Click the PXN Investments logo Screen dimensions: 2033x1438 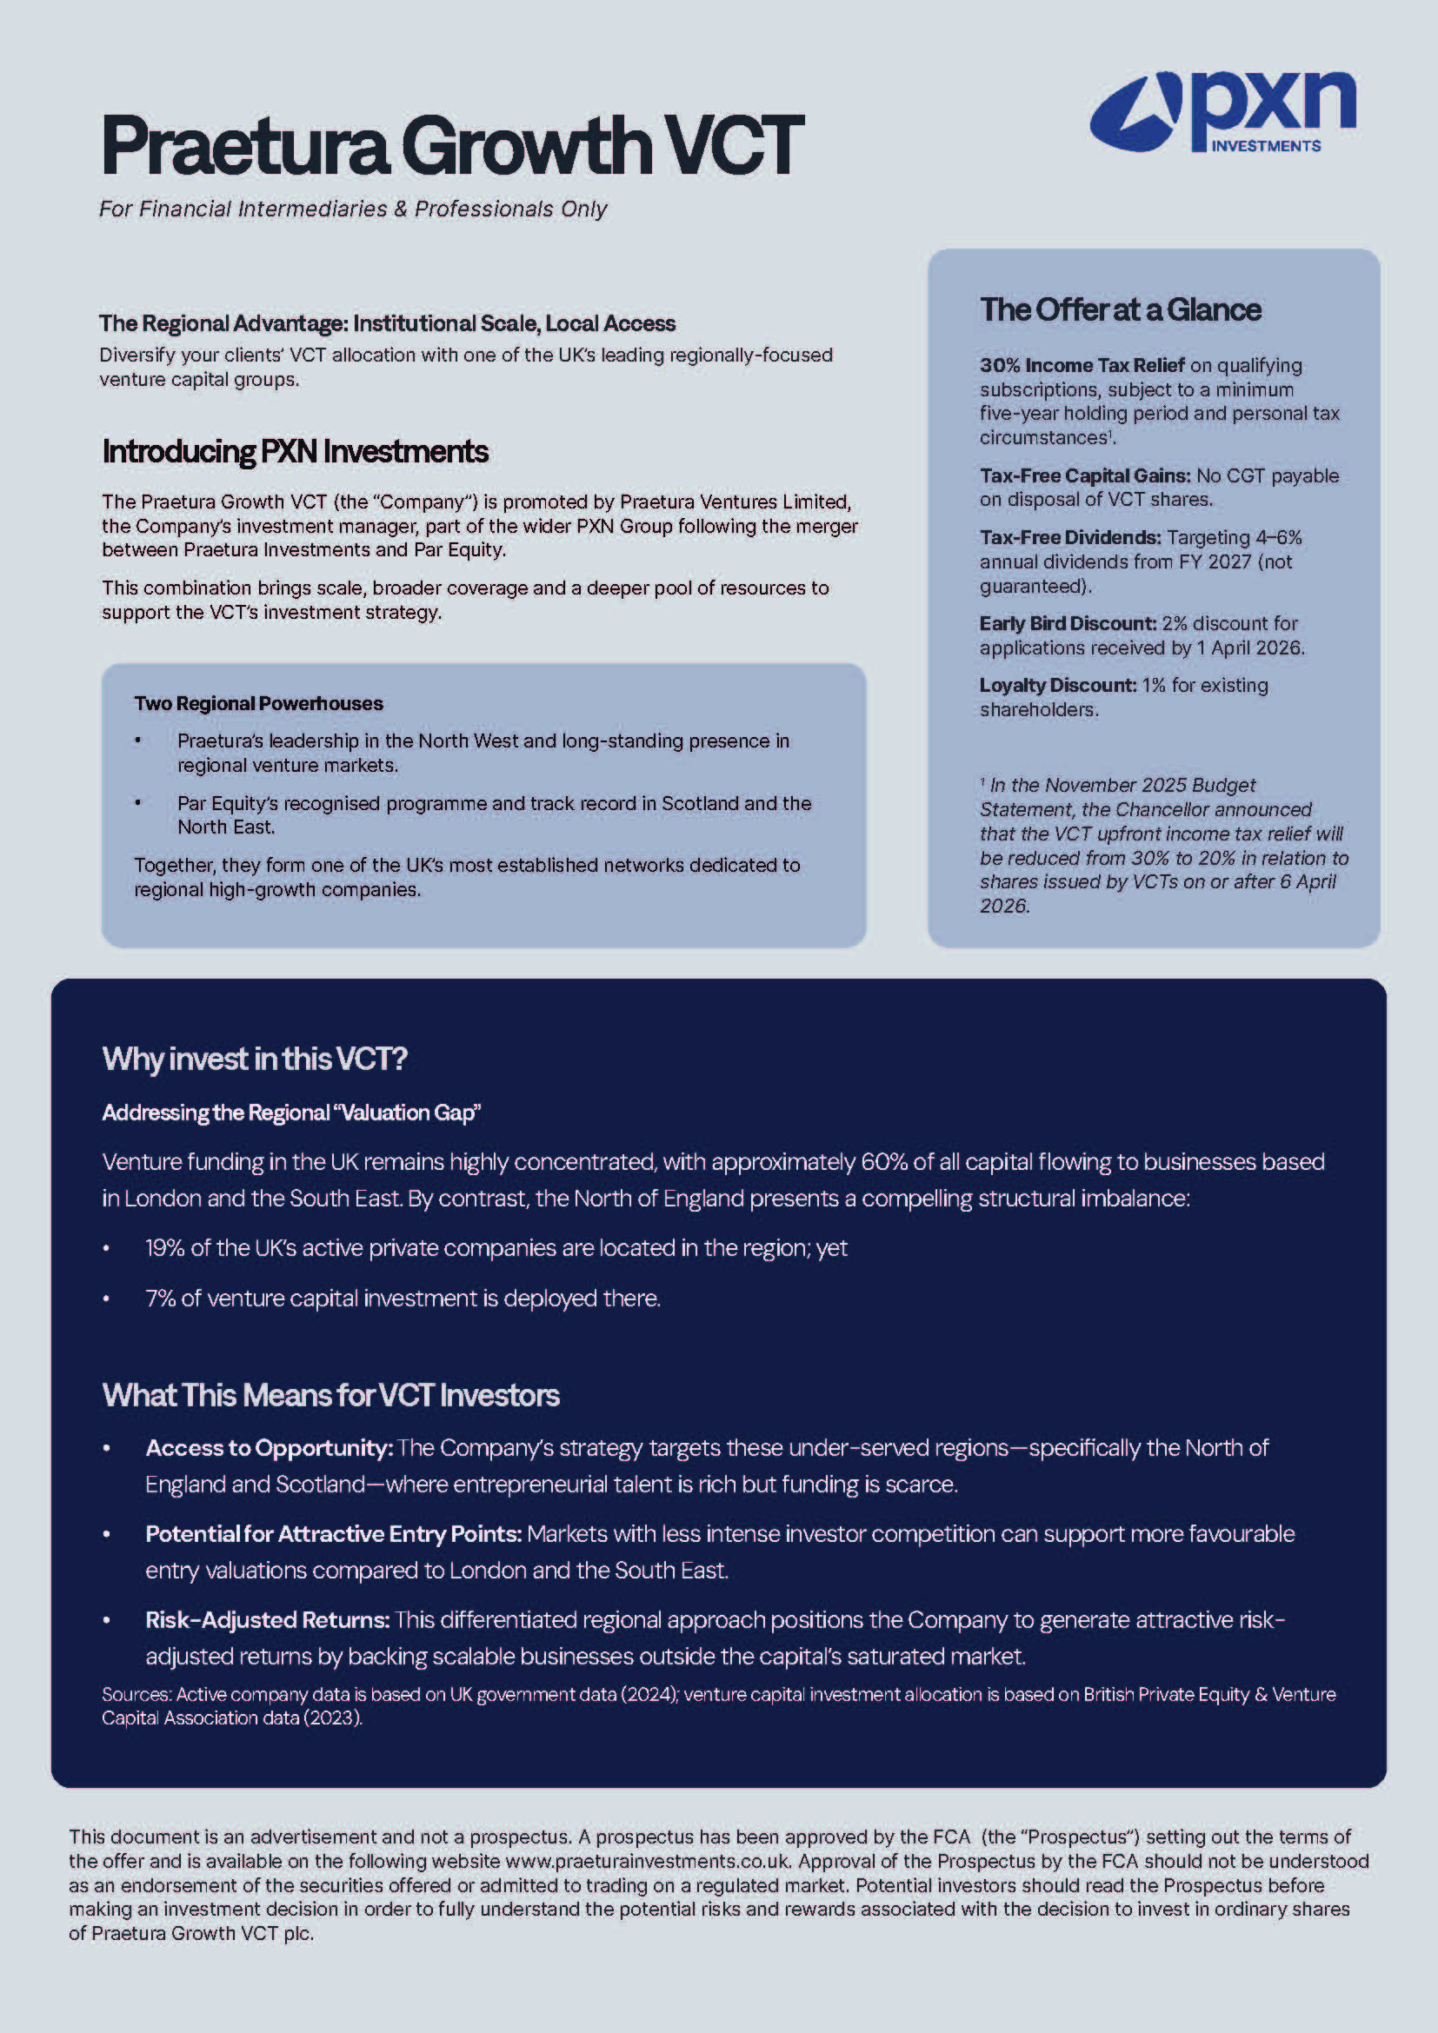[x=1222, y=112]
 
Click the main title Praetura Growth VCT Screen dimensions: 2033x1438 [x=451, y=145]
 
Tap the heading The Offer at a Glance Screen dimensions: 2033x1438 [x=1120, y=310]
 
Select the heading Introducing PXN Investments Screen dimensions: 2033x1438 [x=295, y=452]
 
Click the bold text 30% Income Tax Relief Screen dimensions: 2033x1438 [x=1082, y=366]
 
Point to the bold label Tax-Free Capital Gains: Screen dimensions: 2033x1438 [x=1085, y=476]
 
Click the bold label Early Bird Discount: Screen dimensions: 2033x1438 [x=1067, y=623]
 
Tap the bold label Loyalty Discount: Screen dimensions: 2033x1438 [x=1057, y=685]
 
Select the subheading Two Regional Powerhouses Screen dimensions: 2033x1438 [x=258, y=704]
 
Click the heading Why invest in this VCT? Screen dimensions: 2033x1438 [x=254, y=1059]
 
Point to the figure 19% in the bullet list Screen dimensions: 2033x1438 [x=164, y=1248]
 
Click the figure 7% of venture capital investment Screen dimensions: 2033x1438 [x=160, y=1299]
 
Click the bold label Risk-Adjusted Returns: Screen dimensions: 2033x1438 [x=268, y=1619]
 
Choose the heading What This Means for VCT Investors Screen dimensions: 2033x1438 [x=330, y=1396]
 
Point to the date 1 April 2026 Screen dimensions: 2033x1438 [x=1249, y=648]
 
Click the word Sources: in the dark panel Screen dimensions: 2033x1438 [x=136, y=1694]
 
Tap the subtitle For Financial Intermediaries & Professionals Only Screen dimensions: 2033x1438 [x=352, y=209]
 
